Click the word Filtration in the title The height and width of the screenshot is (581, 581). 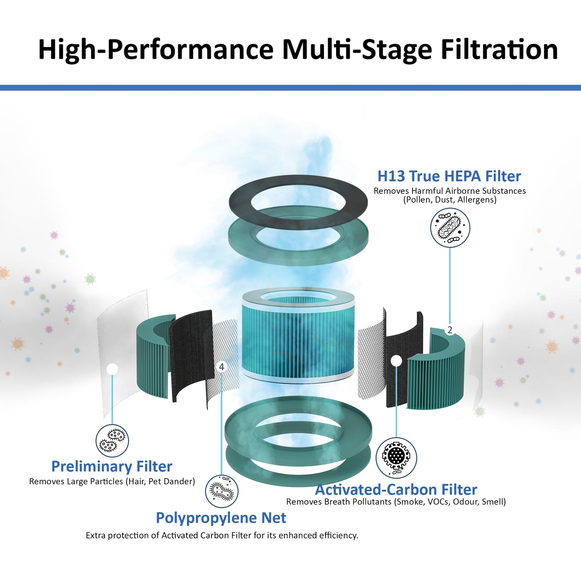coord(499,49)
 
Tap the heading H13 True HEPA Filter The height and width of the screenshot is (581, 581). coord(449,177)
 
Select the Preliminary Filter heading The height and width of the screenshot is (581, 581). coord(111,466)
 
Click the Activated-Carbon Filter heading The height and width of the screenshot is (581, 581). coord(396,490)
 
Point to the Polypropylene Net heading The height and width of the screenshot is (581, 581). coord(221,518)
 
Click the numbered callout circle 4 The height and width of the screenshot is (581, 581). coord(222,367)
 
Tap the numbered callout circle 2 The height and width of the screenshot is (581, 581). coord(450,330)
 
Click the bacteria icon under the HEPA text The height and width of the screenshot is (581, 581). coord(450,228)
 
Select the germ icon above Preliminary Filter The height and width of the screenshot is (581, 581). coord(112,441)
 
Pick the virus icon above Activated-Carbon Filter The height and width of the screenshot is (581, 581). coord(396,458)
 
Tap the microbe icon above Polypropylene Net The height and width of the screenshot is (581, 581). coord(222,491)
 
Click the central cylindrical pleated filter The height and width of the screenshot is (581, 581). coord(298,333)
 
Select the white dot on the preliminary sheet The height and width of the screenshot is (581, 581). coord(112,369)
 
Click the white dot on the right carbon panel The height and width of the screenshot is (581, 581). coord(396,360)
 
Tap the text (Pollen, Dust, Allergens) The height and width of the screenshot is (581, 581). coord(450,199)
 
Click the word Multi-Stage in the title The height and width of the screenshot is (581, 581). coord(357,50)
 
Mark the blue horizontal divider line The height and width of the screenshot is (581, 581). coord(290,88)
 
